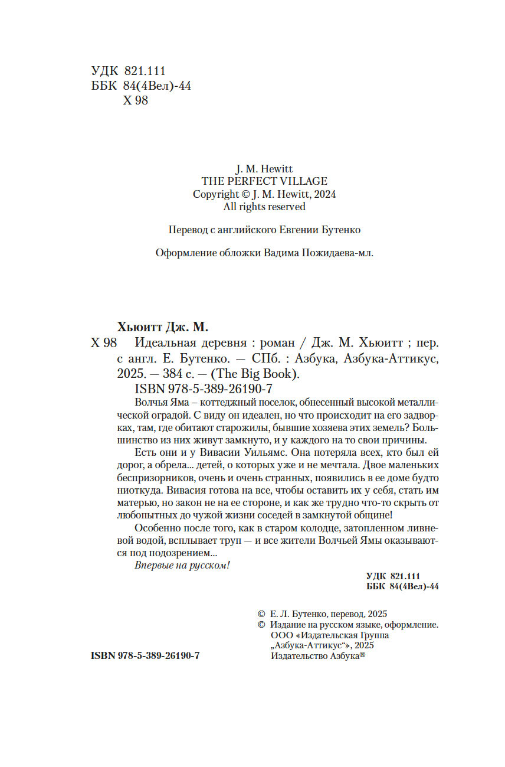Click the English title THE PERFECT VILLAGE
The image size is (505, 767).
pyautogui.click(x=264, y=181)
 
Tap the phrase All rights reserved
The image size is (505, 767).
pyautogui.click(x=264, y=207)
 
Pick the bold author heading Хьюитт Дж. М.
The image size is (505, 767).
pyautogui.click(x=163, y=327)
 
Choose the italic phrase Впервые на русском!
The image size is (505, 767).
pyautogui.click(x=182, y=565)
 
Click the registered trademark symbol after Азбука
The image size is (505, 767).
pyautogui.click(x=363, y=655)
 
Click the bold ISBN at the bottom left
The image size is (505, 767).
pyautogui.click(x=145, y=656)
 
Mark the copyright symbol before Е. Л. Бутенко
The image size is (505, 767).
pyautogui.click(x=262, y=613)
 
